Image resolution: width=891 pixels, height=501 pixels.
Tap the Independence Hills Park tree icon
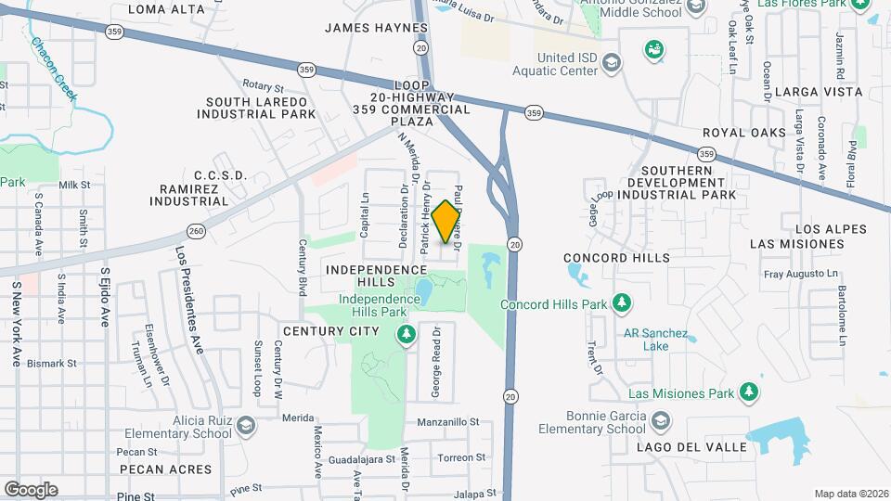point(405,335)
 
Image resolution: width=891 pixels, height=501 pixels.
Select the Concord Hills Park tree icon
point(623,303)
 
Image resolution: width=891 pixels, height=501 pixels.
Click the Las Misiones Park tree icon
point(748,393)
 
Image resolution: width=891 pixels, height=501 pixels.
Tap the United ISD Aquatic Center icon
point(611,63)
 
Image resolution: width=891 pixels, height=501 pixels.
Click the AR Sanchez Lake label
point(655,340)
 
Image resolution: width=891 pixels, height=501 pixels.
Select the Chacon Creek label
point(54,67)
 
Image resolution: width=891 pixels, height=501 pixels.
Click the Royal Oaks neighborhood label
point(744,133)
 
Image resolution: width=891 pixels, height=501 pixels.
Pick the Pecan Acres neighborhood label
point(165,469)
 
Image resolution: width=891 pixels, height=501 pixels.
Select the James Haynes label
point(376,28)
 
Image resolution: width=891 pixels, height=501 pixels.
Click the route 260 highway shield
point(195,230)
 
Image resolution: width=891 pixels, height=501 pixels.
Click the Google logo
point(31,489)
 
